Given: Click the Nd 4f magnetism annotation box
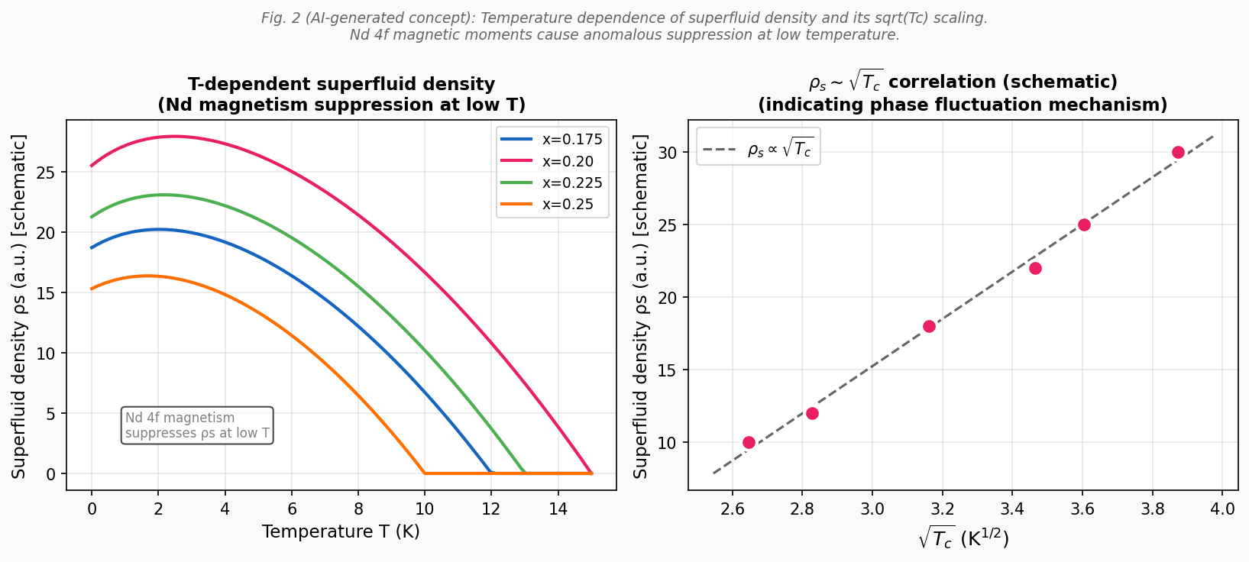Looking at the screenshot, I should point(197,425).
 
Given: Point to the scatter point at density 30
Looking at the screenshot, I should point(1178,153).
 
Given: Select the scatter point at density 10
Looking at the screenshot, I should point(749,442).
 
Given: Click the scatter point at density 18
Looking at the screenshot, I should point(929,326).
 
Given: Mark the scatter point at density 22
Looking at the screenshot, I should point(1035,268).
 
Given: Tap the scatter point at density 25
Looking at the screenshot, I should point(1084,224).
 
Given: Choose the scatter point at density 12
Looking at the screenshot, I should point(812,413).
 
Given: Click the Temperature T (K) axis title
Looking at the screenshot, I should point(341,531).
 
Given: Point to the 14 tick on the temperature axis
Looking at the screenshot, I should point(558,508).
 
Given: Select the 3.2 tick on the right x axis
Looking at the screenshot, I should point(942,508).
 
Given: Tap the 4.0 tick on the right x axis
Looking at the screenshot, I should point(1222,508).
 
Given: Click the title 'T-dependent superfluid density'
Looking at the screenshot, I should point(341,85).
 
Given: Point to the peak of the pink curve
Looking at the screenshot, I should point(174,137).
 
